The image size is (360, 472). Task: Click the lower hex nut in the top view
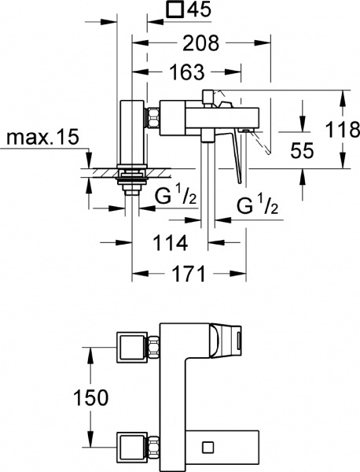coord(154,446)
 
